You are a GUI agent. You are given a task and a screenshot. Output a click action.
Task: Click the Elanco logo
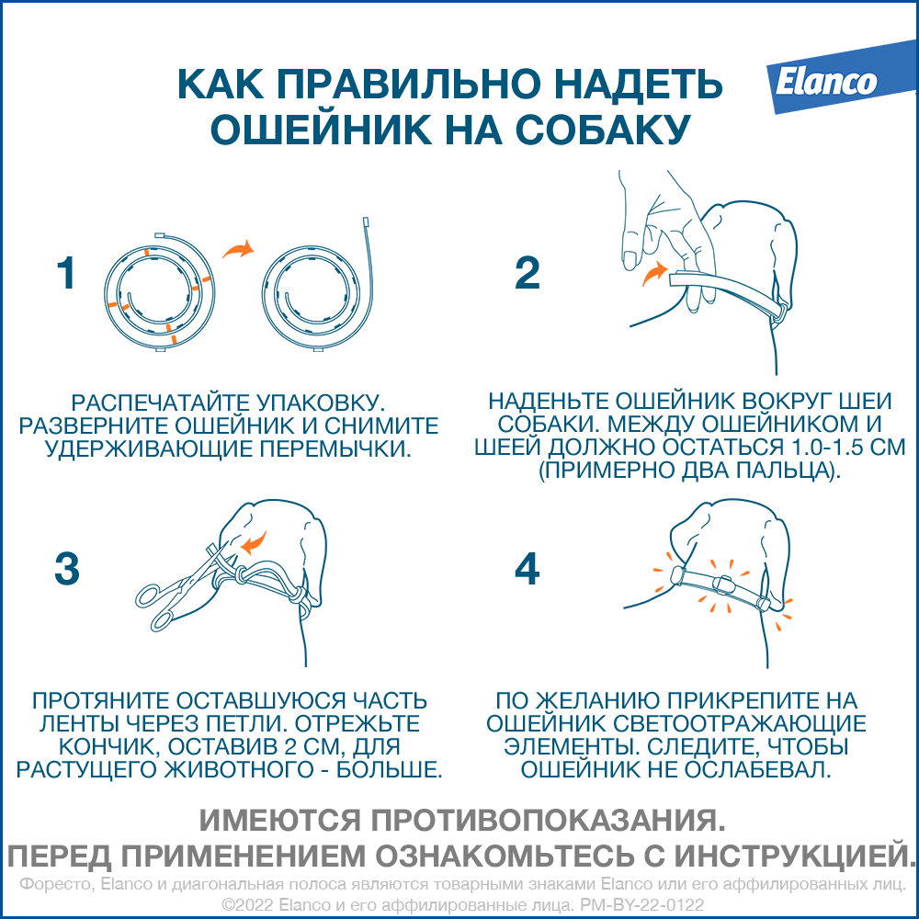(x=841, y=77)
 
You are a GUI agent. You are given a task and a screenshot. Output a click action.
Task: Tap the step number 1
(x=66, y=273)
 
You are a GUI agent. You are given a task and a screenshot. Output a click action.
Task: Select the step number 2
(x=527, y=273)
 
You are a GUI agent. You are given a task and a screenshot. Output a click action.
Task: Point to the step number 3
(x=67, y=569)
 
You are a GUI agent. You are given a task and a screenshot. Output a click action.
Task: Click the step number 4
(x=527, y=569)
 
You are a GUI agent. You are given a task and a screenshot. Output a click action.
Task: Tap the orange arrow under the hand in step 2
(x=655, y=273)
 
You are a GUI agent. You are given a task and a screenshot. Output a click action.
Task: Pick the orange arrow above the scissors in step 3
(x=255, y=543)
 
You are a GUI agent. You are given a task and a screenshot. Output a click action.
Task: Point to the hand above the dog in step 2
(x=668, y=234)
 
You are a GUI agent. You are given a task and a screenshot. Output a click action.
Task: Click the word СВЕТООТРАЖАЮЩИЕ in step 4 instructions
(x=739, y=724)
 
